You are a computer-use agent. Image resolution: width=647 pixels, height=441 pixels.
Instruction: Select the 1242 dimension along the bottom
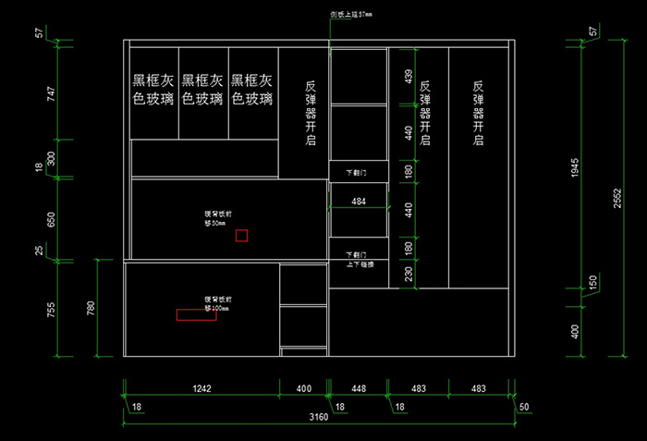point(201,389)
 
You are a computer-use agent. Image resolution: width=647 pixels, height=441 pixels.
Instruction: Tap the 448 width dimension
point(358,389)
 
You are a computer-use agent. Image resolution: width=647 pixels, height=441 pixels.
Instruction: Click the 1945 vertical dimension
point(574,167)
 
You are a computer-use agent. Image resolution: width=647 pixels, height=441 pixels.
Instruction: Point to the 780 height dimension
point(90,309)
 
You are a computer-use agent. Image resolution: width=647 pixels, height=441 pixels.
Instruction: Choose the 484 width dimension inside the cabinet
point(359,202)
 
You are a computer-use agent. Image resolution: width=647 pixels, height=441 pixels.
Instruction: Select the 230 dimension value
point(408,274)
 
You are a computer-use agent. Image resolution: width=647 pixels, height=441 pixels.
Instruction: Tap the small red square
point(241,235)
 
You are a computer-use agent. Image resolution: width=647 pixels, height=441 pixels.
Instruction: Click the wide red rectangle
point(196,314)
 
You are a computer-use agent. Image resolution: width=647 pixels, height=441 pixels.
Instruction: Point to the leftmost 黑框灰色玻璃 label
point(153,90)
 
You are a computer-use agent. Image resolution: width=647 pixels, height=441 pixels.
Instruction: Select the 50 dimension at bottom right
point(524,407)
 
